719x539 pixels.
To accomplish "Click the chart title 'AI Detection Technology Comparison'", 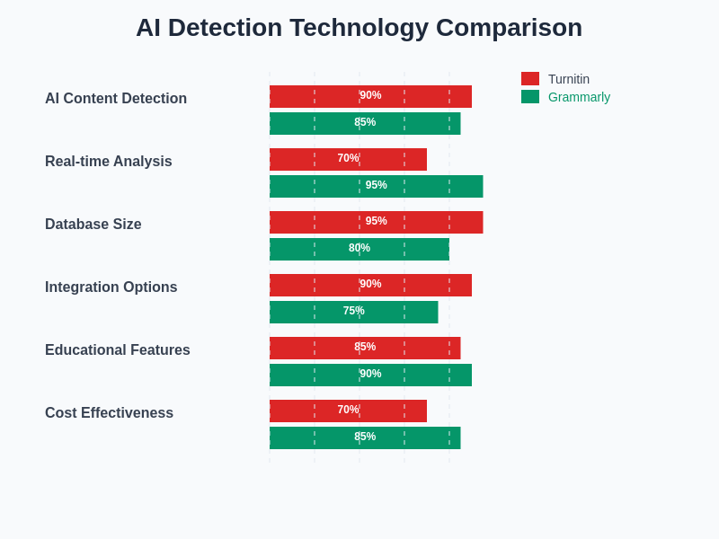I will click(359, 28).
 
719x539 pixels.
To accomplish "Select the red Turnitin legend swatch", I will click(530, 79).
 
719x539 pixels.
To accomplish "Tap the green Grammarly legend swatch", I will click(530, 97).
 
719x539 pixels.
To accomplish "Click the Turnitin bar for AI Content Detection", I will click(370, 96).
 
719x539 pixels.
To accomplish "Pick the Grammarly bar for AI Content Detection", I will click(365, 123).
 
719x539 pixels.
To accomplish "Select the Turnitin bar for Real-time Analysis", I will click(348, 159).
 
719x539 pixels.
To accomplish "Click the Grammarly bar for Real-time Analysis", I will click(376, 186).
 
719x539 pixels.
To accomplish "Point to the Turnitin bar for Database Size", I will click(376, 222).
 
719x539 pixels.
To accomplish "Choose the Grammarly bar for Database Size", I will click(359, 249).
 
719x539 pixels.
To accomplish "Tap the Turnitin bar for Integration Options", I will click(370, 285).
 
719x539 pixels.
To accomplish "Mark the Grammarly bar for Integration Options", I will click(353, 312).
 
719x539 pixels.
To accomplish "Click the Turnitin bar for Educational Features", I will click(365, 348).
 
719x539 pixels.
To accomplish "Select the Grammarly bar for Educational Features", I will click(370, 375).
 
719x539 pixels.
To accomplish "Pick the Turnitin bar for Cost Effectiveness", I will click(348, 411).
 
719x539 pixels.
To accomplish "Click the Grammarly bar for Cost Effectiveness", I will click(365, 437).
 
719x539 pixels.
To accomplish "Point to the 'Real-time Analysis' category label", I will click(109, 162).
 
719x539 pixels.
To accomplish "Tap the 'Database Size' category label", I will click(93, 225).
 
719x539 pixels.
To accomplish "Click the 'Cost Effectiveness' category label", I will click(109, 413).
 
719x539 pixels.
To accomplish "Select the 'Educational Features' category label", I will click(118, 350).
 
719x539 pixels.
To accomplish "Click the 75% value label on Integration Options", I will click(353, 311).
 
